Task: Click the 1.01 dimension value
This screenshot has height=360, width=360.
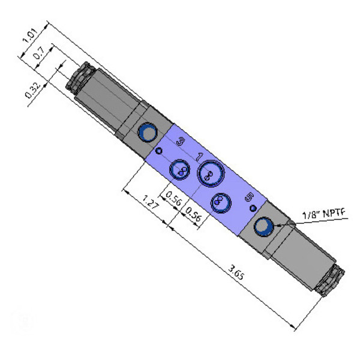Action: click(x=30, y=35)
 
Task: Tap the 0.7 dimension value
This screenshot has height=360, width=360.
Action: click(x=39, y=53)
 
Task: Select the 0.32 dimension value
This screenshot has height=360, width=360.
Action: click(x=33, y=91)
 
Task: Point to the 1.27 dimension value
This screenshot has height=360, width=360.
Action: click(x=151, y=202)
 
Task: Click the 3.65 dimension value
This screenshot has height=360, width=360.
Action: click(x=236, y=272)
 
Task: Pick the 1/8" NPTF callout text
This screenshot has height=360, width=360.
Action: click(x=324, y=214)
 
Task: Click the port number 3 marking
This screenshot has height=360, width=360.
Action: click(x=181, y=141)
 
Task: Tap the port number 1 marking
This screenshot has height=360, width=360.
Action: click(x=200, y=157)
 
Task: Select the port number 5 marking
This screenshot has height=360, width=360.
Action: click(x=250, y=197)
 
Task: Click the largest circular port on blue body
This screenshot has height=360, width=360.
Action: click(x=211, y=173)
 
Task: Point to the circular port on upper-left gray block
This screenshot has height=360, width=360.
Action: click(x=148, y=133)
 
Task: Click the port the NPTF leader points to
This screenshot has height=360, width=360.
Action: click(x=264, y=226)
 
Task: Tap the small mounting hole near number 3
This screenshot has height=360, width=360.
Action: click(x=159, y=151)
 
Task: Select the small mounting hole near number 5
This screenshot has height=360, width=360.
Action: click(x=253, y=208)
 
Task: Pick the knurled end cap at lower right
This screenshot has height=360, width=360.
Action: click(x=330, y=281)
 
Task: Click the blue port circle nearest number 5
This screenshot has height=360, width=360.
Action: click(x=221, y=203)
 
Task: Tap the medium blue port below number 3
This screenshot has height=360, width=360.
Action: click(x=179, y=170)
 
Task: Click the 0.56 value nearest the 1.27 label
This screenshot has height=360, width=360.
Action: click(x=174, y=198)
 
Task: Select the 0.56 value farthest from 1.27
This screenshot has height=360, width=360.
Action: click(x=193, y=214)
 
